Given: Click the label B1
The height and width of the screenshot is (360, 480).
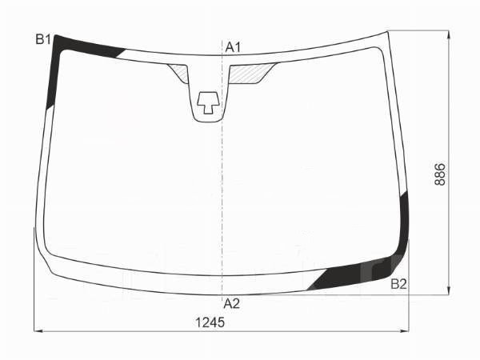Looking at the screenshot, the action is point(43,39).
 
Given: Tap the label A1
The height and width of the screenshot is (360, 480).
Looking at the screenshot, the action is point(234,47).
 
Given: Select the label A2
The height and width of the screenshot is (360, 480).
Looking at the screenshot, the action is point(232,304).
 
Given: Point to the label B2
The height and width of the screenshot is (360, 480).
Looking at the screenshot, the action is point(399,284).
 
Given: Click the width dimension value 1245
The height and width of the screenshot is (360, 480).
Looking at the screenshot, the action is point(210,322).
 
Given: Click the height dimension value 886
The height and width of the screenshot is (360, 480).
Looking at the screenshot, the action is point(440,174).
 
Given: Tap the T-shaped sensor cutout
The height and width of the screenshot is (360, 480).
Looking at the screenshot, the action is point(208,102).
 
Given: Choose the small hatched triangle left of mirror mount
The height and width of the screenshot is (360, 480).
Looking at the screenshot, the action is point(178,73).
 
